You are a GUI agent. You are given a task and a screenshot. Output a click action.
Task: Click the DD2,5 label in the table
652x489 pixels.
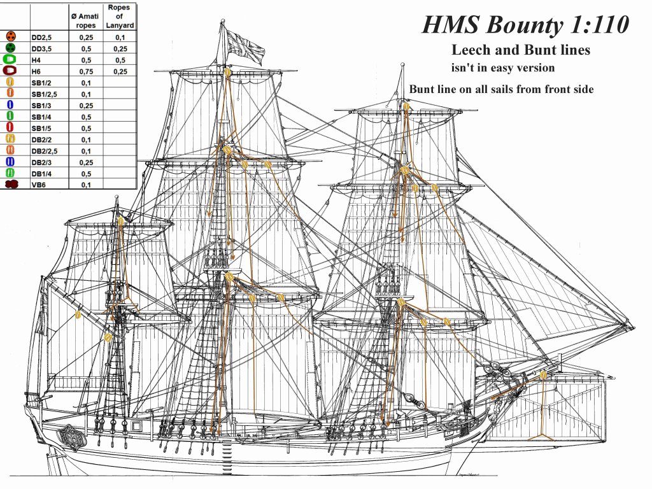pyautogui.click(x=42, y=38)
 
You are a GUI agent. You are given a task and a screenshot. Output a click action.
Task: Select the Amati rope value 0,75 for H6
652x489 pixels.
pyautogui.click(x=86, y=71)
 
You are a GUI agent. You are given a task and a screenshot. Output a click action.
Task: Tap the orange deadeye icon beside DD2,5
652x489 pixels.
pyautogui.click(x=11, y=38)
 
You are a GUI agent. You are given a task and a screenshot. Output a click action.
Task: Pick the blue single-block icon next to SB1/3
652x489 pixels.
pyautogui.click(x=11, y=105)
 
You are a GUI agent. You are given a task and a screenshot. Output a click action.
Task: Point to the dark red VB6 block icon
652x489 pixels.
pyautogui.click(x=11, y=185)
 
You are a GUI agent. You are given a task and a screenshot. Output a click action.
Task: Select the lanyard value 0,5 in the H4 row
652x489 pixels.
pyautogui.click(x=120, y=60)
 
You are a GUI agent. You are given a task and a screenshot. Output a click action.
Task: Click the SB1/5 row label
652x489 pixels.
pyautogui.click(x=42, y=128)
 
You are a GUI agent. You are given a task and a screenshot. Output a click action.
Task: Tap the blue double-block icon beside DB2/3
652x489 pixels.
pyautogui.click(x=11, y=162)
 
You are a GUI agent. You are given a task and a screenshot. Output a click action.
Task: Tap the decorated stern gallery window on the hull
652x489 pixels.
pyautogui.click(x=69, y=436)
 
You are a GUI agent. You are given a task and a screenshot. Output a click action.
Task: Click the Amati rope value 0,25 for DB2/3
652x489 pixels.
pyautogui.click(x=86, y=162)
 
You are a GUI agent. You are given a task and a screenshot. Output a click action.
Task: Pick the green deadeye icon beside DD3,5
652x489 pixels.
pyautogui.click(x=11, y=48)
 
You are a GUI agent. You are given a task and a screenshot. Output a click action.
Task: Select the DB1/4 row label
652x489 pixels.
pyautogui.click(x=42, y=173)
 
